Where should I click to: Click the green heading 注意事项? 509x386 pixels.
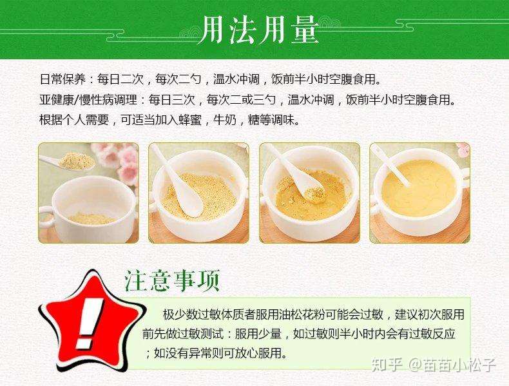coord(172,281)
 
